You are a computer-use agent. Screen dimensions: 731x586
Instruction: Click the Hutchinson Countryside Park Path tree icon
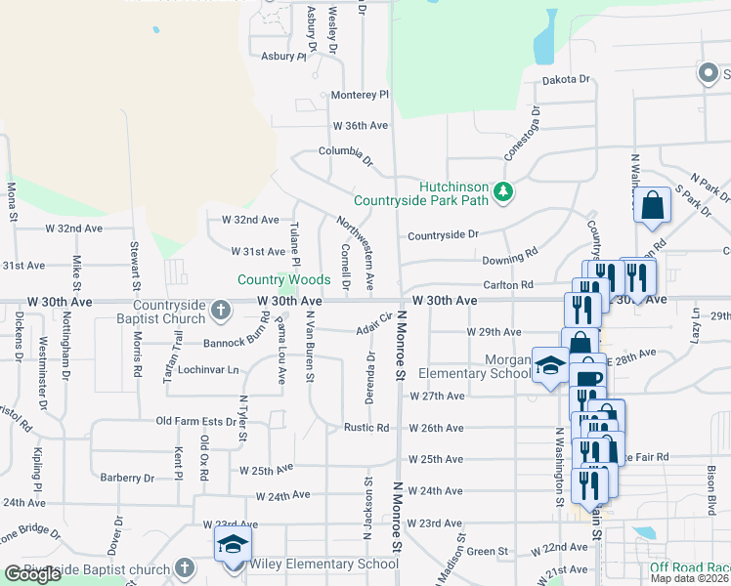502,191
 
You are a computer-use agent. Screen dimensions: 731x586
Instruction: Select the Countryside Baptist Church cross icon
221,312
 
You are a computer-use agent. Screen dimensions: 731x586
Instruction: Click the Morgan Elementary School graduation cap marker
549,365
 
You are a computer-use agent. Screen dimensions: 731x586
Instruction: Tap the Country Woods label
283,280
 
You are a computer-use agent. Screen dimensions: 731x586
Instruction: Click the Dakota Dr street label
568,79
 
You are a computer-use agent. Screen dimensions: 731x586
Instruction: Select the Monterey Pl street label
360,95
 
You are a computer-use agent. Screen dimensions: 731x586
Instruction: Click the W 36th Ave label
362,126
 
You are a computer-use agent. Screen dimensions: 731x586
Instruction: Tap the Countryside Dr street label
443,235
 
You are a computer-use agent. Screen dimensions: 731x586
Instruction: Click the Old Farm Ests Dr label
197,422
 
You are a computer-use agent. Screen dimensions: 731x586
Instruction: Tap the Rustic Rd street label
366,428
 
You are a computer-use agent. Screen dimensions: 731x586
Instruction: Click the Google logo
33,574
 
